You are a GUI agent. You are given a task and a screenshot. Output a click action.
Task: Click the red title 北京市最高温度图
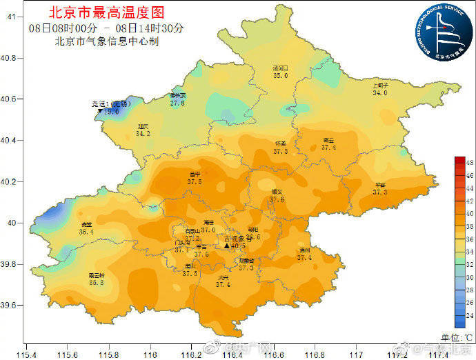[106, 12]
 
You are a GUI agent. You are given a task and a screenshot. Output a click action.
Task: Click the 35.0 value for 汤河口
[280, 76]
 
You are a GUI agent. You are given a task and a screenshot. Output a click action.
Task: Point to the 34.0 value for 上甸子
[380, 92]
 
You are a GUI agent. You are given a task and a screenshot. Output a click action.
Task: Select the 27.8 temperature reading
[177, 103]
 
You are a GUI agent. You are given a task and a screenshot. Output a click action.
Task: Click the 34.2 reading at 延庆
[143, 133]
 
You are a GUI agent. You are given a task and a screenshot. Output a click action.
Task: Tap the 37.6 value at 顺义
[277, 199]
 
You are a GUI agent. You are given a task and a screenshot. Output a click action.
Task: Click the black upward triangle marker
[226, 246]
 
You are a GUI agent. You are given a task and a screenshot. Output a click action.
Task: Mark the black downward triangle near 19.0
[100, 111]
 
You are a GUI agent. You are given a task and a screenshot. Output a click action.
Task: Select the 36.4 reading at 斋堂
[86, 232]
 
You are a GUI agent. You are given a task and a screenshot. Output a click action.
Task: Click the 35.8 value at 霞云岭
[96, 282]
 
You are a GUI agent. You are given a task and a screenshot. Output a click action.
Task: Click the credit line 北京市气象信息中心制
[106, 41]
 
